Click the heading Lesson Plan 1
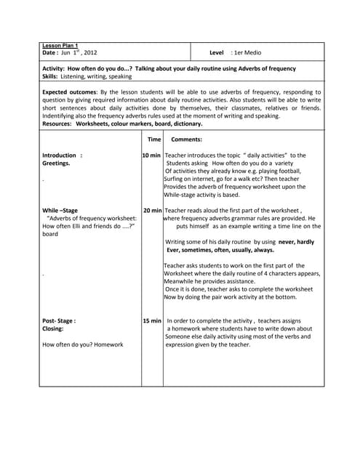point(60,46)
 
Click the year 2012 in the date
point(87,53)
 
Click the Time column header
point(154,139)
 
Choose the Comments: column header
point(186,139)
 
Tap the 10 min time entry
point(152,155)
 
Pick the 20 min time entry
point(152,210)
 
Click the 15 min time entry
point(152,320)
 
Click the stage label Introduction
point(60,155)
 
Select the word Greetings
point(56,163)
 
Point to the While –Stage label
point(60,210)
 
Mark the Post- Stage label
point(59,320)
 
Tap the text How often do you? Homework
point(82,344)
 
